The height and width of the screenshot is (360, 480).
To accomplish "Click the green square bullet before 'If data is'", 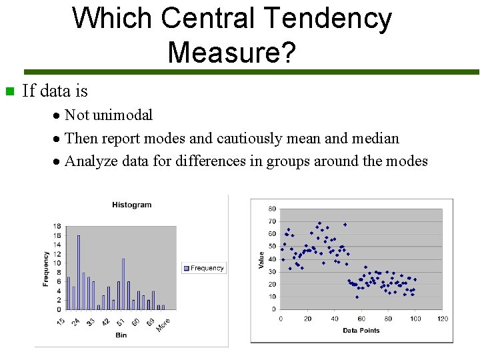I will (9, 91).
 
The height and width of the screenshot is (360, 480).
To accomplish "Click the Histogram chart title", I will (131, 205).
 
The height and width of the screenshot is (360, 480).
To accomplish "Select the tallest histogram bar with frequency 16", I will (79, 272).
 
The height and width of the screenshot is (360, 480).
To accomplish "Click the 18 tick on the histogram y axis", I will (57, 227).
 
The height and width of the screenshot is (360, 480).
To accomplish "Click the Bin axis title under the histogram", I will (121, 335).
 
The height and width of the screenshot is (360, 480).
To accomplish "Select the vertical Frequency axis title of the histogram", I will (46, 269).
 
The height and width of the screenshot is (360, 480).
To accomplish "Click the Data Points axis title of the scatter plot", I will (361, 330).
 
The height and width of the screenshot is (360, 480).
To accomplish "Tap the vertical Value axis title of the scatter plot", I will (261, 260).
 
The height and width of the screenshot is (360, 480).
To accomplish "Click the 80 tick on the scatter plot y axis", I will (272, 209).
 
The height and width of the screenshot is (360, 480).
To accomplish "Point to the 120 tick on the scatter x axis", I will (442, 319).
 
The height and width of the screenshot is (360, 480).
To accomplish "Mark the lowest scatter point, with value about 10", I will (357, 297).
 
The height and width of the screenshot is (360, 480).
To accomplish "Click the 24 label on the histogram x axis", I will (76, 322).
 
